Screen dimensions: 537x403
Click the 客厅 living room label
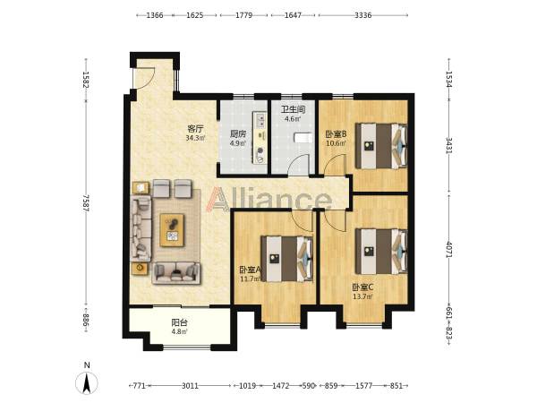[195, 129]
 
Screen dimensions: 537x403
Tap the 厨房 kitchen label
[238, 134]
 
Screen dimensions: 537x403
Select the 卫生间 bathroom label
[294, 109]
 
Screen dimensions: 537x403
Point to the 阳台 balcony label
[180, 322]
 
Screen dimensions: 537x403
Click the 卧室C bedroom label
[362, 287]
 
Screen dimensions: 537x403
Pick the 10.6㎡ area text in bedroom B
[336, 143]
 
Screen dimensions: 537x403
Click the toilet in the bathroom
[303, 138]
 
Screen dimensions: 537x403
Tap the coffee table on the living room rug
[172, 230]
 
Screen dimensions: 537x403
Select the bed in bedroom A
[287, 259]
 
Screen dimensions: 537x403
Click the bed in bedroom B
[381, 146]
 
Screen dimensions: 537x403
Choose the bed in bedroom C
[381, 252]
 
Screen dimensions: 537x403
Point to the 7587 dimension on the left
[86, 203]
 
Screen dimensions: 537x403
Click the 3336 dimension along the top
[363, 15]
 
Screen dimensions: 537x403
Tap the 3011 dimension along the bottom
[190, 386]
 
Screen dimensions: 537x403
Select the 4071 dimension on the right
[449, 250]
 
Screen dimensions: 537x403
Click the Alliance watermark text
[269, 199]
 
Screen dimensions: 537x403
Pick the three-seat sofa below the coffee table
[176, 273]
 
